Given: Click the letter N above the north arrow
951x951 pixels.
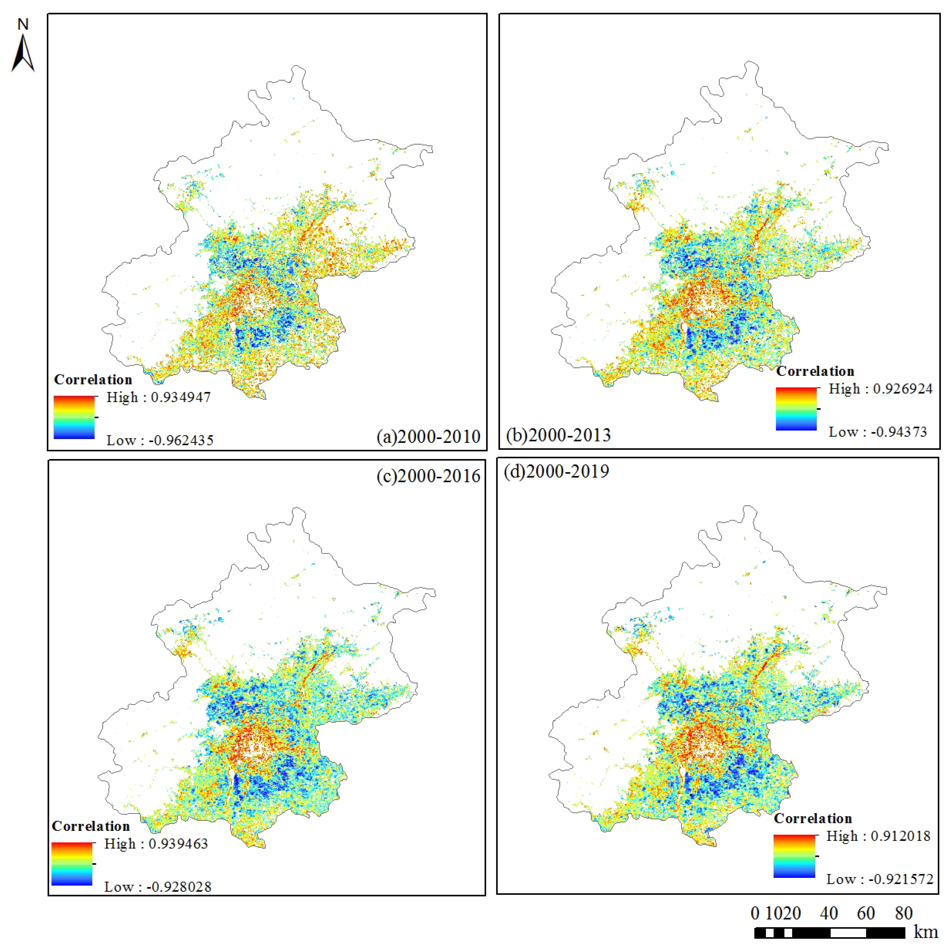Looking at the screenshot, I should point(23,24).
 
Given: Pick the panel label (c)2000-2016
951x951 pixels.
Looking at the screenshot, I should point(428,476).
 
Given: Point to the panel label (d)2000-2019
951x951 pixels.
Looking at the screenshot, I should point(556,471).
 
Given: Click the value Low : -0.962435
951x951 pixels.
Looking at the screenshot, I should point(160,440).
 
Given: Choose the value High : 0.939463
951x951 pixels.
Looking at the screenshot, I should point(156,844).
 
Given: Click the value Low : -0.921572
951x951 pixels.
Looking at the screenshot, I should point(879,879).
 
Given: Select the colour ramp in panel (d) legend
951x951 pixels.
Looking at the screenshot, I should point(794,856).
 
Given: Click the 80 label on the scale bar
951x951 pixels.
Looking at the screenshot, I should point(904,913).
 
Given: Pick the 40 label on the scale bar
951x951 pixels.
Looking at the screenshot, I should point(829,913).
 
